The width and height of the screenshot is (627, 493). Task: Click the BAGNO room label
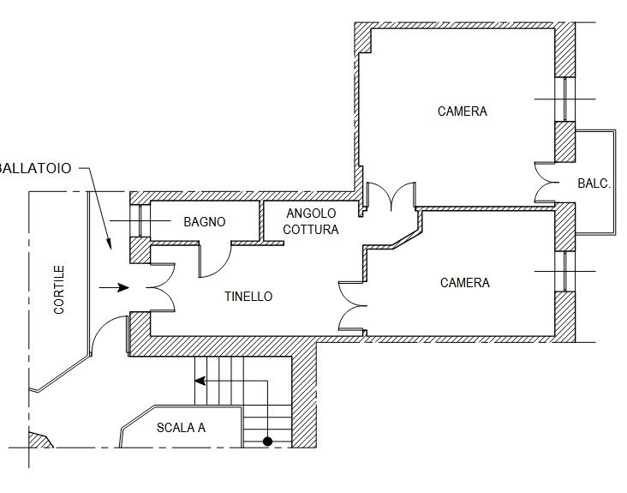(205, 222)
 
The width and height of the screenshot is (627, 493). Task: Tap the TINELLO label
(248, 297)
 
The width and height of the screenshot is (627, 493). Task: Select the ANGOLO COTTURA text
(311, 221)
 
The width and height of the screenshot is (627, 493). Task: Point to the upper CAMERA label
(463, 111)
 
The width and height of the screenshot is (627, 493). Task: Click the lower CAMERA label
(464, 283)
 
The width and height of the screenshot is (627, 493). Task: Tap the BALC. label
(594, 183)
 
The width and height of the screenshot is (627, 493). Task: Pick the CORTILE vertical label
(59, 289)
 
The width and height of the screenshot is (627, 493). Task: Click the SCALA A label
(181, 428)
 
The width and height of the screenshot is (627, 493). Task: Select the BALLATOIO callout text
(35, 168)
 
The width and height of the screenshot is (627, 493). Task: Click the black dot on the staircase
(267, 442)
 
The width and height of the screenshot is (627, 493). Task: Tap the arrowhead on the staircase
(200, 381)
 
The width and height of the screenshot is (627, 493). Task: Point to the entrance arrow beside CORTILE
(114, 287)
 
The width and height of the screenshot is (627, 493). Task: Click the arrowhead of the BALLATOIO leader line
(108, 243)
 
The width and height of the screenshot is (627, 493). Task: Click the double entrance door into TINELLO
(162, 287)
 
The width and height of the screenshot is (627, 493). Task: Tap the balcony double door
(547, 183)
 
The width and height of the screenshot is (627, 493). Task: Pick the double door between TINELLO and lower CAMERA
(352, 306)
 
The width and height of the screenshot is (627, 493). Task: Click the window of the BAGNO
(140, 220)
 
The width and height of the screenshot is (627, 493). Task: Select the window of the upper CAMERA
(564, 99)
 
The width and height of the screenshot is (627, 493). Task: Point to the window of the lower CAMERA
(564, 271)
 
